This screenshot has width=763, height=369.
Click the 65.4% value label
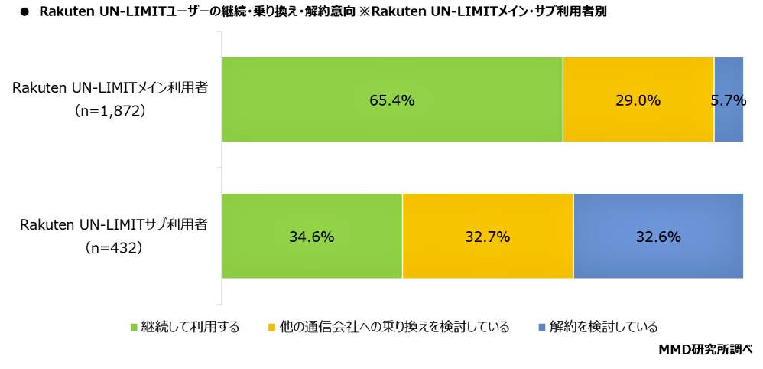click(x=391, y=100)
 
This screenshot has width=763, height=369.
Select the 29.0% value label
click(x=638, y=100)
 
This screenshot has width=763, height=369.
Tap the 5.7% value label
click(x=728, y=100)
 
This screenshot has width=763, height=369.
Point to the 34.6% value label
click(x=311, y=237)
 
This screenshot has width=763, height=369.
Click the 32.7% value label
click(x=487, y=237)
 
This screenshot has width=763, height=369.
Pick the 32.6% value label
click(x=658, y=237)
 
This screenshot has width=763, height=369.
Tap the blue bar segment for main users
click(x=728, y=126)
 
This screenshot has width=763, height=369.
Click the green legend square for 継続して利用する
click(x=135, y=328)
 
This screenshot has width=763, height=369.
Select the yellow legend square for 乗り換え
click(x=271, y=328)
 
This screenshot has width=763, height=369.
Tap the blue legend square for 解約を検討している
click(x=541, y=328)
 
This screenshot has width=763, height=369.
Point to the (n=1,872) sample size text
click(x=110, y=111)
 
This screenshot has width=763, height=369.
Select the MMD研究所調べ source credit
click(x=705, y=350)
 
